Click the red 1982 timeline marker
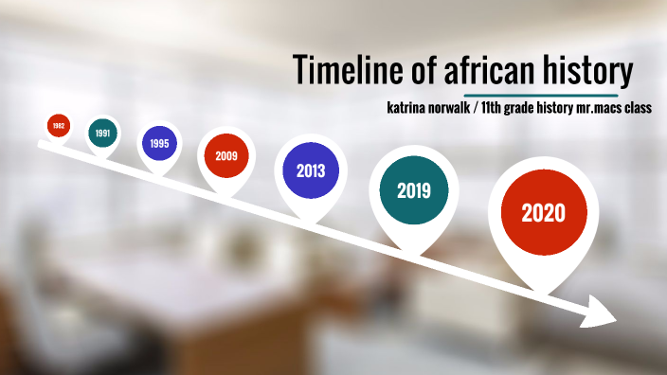(59, 126)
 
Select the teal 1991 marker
(102, 134)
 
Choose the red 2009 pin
(225, 156)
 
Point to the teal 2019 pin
(414, 190)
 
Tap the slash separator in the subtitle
(485, 108)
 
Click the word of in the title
(419, 69)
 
